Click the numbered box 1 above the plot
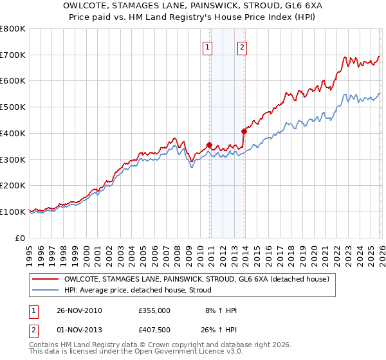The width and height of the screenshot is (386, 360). tap(208, 46)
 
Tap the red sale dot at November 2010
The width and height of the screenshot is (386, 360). tap(209, 145)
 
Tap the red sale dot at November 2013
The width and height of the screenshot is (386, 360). tap(244, 131)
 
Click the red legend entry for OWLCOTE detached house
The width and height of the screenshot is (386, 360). tap(197, 279)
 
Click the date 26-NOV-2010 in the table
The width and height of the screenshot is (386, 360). tap(79, 310)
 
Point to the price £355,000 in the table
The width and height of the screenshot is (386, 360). tap(154, 310)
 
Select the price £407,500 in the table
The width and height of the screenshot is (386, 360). tap(154, 330)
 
